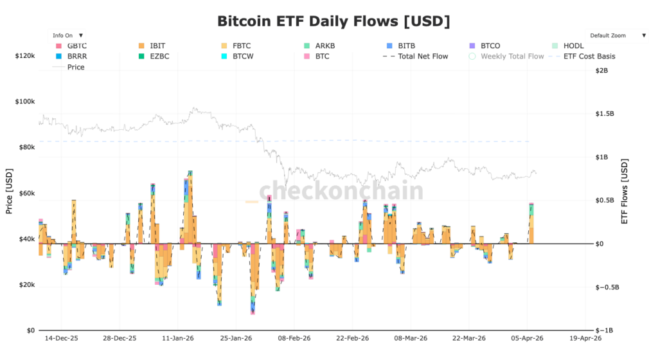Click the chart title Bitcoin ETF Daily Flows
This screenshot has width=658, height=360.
click(x=333, y=21)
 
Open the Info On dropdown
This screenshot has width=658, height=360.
click(x=67, y=35)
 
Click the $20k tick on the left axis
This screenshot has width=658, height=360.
click(x=26, y=285)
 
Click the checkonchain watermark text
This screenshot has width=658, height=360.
click(x=341, y=191)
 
